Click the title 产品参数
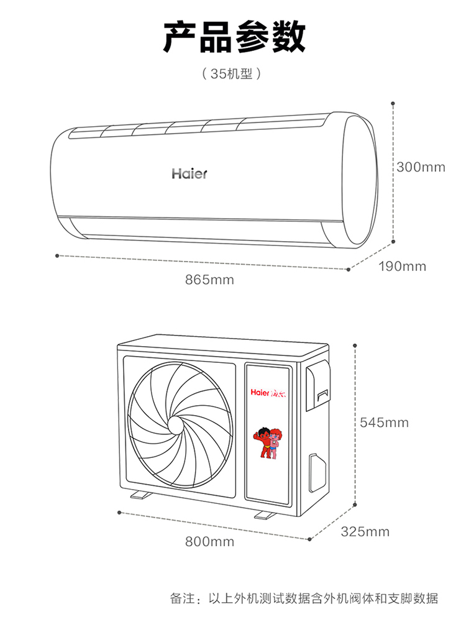(234, 37)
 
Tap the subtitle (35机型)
(231, 73)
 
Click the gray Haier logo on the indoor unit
(190, 173)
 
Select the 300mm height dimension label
(421, 167)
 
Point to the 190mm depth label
(402, 266)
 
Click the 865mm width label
(209, 280)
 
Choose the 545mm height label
(384, 422)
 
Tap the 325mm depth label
(365, 531)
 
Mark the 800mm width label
(209, 541)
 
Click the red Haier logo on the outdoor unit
(268, 393)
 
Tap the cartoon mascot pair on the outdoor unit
(268, 442)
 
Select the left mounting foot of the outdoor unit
(141, 495)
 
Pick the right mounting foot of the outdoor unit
(266, 514)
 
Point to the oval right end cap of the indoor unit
(359, 180)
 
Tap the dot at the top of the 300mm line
(393, 104)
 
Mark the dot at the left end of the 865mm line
(57, 255)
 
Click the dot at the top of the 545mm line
(355, 345)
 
